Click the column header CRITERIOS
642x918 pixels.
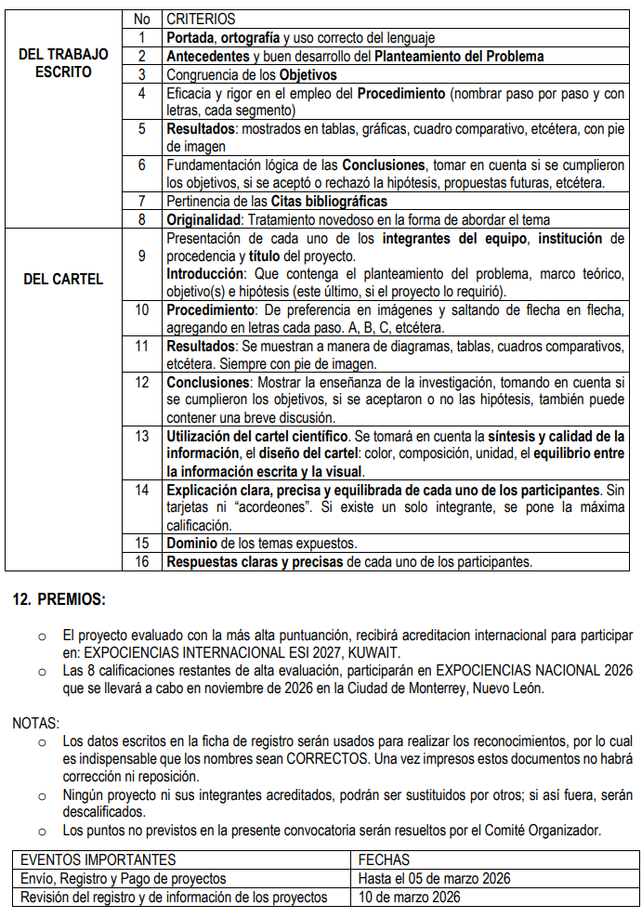201,19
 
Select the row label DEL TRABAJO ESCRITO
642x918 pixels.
62,63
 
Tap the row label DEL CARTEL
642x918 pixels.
62,279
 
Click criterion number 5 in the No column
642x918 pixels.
141,128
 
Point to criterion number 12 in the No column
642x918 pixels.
141,382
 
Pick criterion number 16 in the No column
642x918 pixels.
141,561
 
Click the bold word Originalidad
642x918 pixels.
203,220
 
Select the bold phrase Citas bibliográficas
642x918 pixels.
329,201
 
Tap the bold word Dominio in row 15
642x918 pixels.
193,543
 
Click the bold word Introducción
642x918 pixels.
204,274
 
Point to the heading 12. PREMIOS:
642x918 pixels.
59,600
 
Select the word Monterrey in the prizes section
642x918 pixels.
427,688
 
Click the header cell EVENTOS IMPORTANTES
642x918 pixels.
98,859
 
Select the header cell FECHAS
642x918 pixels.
383,859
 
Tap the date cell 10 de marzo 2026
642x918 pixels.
409,898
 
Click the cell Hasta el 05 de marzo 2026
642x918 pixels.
434,878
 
